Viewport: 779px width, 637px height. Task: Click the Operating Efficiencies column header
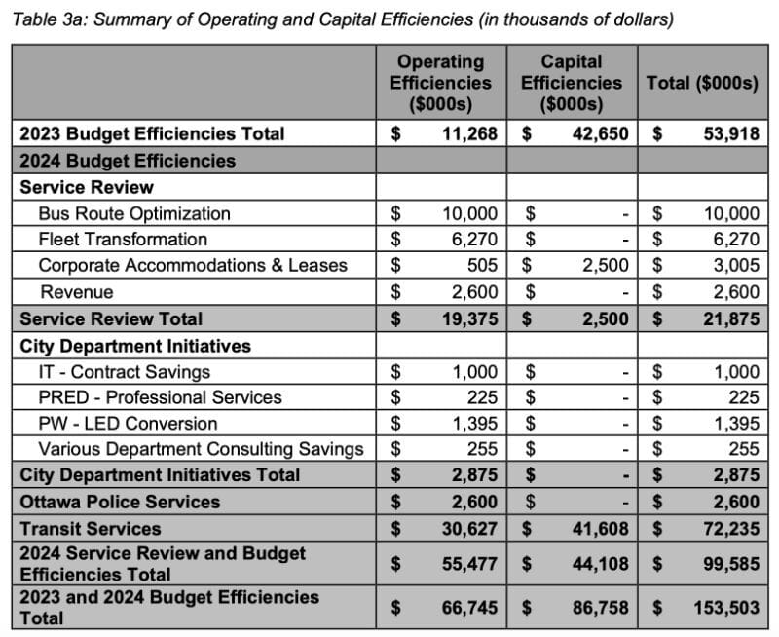pyautogui.click(x=440, y=83)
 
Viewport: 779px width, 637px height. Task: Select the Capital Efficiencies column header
pyautogui.click(x=571, y=83)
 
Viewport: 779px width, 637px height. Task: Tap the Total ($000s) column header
pyautogui.click(x=701, y=83)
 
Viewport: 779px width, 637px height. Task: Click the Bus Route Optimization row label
pyautogui.click(x=134, y=213)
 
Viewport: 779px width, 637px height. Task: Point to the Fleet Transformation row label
pyautogui.click(x=123, y=239)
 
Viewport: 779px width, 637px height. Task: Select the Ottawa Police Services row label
pyautogui.click(x=120, y=502)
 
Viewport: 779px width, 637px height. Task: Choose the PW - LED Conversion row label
pyautogui.click(x=128, y=424)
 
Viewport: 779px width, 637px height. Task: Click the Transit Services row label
pyautogui.click(x=91, y=529)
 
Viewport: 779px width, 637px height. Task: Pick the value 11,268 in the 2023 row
pyautogui.click(x=469, y=133)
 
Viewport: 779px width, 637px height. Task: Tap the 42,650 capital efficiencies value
pyautogui.click(x=602, y=133)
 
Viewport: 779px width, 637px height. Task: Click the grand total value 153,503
pyautogui.click(x=725, y=608)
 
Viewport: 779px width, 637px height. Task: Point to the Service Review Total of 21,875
pyautogui.click(x=730, y=318)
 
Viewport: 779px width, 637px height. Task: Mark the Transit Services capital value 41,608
pyautogui.click(x=602, y=529)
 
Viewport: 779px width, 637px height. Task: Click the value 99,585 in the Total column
pyautogui.click(x=730, y=564)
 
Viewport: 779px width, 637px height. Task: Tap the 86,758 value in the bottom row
pyautogui.click(x=602, y=608)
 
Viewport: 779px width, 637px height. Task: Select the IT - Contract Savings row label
pyautogui.click(x=124, y=371)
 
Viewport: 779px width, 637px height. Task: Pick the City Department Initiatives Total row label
pyautogui.click(x=160, y=475)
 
